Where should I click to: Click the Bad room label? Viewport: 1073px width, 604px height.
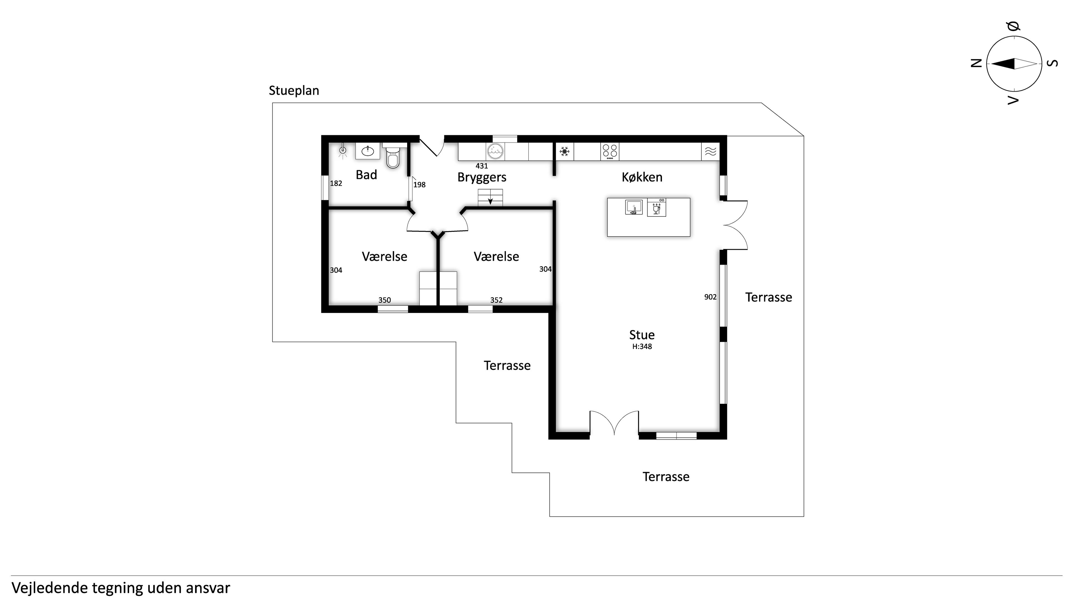coord(366,175)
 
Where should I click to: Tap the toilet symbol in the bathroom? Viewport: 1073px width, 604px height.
coord(392,156)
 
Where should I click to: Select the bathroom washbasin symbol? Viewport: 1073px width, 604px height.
coord(367,151)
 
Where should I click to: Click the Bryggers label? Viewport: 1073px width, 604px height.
coord(482,178)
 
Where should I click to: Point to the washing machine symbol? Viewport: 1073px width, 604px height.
coord(495,152)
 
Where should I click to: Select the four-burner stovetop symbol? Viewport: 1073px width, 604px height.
coord(610,152)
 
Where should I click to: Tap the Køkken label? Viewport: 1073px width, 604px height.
coord(642,177)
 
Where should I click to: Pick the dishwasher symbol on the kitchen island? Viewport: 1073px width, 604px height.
coord(656,207)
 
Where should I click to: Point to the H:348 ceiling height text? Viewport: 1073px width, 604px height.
coord(642,346)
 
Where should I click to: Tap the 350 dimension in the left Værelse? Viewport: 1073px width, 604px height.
coord(384,300)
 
